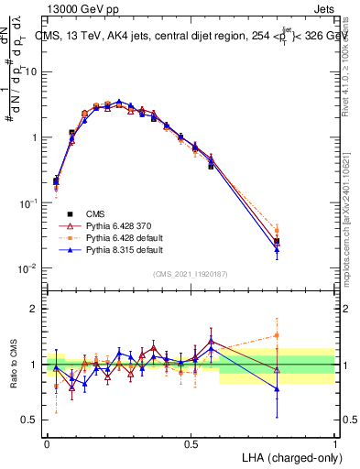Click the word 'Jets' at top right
coord(322,8)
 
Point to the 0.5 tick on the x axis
coord(191,442)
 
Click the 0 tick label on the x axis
coord(48,442)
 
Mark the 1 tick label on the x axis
coord(334,442)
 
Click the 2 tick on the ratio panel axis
coord(34,309)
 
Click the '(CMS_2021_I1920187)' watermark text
coord(191,273)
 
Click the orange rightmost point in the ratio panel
coord(277,335)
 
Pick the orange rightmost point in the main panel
coord(277,231)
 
